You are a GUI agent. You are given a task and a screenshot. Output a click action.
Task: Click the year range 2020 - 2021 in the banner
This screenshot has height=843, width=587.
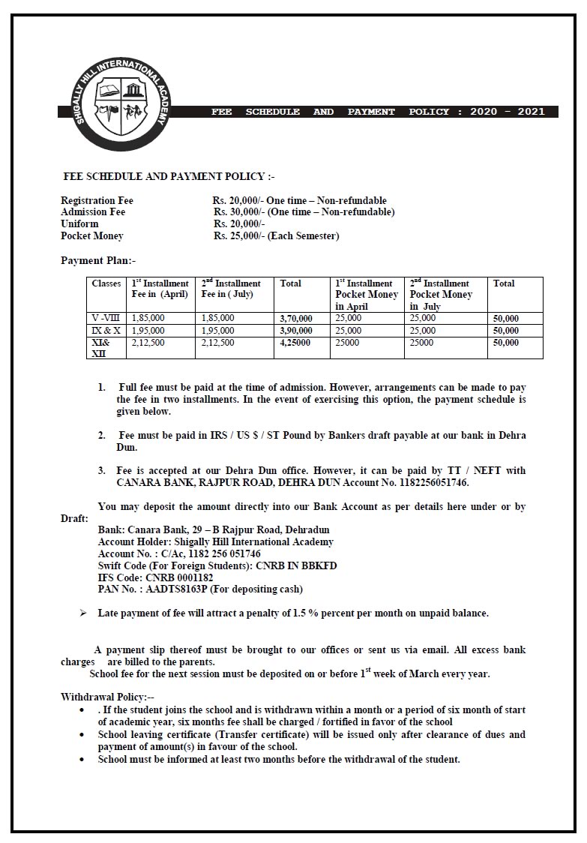tap(508, 112)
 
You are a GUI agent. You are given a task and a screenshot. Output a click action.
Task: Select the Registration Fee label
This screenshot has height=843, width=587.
tap(97, 201)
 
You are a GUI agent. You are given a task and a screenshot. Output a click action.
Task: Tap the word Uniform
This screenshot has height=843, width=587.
tap(79, 224)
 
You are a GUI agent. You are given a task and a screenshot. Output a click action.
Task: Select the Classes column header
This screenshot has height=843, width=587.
tap(106, 283)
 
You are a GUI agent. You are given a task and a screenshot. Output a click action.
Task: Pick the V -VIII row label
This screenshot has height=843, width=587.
tap(106, 318)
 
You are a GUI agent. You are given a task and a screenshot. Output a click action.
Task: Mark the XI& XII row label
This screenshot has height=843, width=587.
tap(101, 348)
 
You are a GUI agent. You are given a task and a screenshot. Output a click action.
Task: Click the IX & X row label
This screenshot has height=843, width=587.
tap(106, 331)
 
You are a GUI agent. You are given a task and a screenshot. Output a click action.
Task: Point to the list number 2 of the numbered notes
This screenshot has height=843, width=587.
tap(101, 435)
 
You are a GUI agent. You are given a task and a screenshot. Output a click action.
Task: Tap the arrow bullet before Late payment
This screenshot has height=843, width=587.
tap(82, 613)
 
